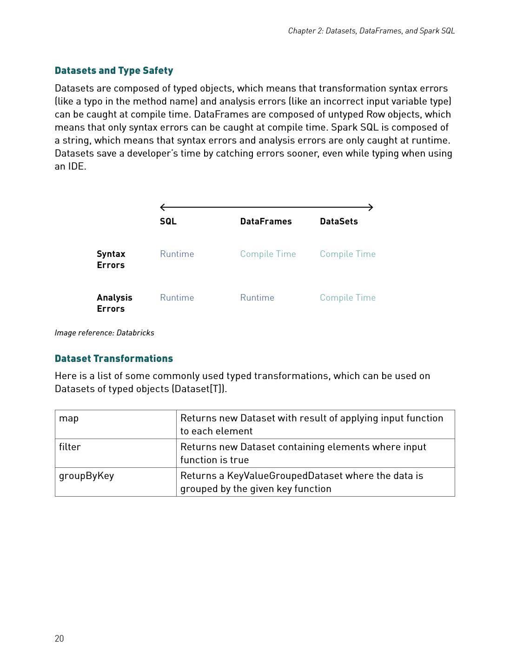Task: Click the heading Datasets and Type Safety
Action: [114, 71]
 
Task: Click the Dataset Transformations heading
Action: [114, 359]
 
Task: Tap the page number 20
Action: [59, 638]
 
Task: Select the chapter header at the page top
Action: [371, 31]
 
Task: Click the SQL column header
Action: [168, 222]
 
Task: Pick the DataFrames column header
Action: [266, 222]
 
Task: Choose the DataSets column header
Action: [339, 222]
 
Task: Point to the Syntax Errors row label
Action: [111, 259]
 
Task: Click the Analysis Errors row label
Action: [114, 303]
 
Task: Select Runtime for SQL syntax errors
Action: [177, 254]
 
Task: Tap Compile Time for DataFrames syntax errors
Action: [268, 254]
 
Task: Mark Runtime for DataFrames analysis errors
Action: [257, 298]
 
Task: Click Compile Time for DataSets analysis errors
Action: [348, 298]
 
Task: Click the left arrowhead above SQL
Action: [162, 207]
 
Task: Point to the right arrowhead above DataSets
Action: [371, 207]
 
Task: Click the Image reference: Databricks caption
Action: [104, 333]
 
